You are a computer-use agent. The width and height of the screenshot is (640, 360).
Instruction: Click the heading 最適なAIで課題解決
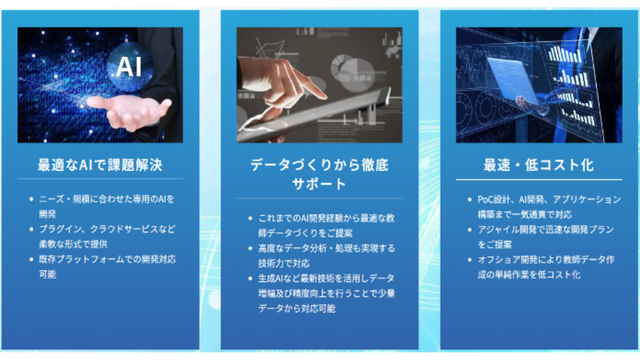point(100,165)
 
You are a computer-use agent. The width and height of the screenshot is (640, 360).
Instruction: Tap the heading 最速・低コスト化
point(539,165)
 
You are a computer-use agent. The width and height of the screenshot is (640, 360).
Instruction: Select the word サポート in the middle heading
point(319,184)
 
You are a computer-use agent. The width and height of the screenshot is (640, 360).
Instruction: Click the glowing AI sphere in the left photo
point(129,67)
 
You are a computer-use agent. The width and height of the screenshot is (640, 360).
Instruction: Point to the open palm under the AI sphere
point(129,111)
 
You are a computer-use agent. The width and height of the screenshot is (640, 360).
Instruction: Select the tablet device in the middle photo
point(314,116)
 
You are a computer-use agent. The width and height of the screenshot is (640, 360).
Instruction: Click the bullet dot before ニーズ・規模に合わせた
point(31,199)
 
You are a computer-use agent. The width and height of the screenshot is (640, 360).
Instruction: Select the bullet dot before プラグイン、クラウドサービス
point(31,229)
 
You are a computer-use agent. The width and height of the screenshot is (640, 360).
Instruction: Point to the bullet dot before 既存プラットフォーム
point(31,259)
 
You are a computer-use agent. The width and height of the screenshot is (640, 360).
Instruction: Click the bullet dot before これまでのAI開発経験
point(251,219)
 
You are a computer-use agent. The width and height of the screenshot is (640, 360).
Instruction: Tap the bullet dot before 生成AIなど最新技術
point(251,279)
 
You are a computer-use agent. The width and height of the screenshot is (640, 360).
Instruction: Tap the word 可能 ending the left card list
point(47,274)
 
